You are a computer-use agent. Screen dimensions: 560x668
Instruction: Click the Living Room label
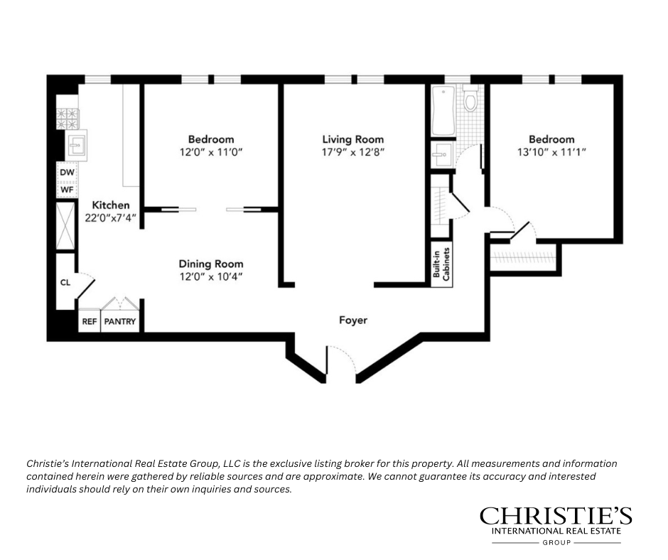click(x=352, y=139)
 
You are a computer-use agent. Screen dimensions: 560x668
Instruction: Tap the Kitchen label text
click(x=110, y=205)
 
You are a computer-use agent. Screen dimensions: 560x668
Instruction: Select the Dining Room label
click(x=210, y=264)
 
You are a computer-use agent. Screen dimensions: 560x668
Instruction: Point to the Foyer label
click(x=352, y=320)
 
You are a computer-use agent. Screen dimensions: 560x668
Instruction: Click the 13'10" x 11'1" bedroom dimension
click(x=551, y=152)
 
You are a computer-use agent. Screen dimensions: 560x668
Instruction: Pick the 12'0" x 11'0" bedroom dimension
click(x=210, y=152)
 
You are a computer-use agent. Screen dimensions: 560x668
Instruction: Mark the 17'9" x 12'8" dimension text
click(x=352, y=152)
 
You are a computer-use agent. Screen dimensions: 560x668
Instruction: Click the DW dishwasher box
click(x=67, y=172)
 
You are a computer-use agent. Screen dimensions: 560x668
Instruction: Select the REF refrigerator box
click(x=89, y=321)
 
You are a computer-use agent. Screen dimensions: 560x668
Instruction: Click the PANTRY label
click(x=120, y=321)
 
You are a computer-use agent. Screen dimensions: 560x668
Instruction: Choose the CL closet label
click(x=65, y=283)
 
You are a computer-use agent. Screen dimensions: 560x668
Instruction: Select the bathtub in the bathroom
click(x=442, y=110)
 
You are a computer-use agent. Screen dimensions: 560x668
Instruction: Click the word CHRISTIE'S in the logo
click(x=556, y=516)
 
